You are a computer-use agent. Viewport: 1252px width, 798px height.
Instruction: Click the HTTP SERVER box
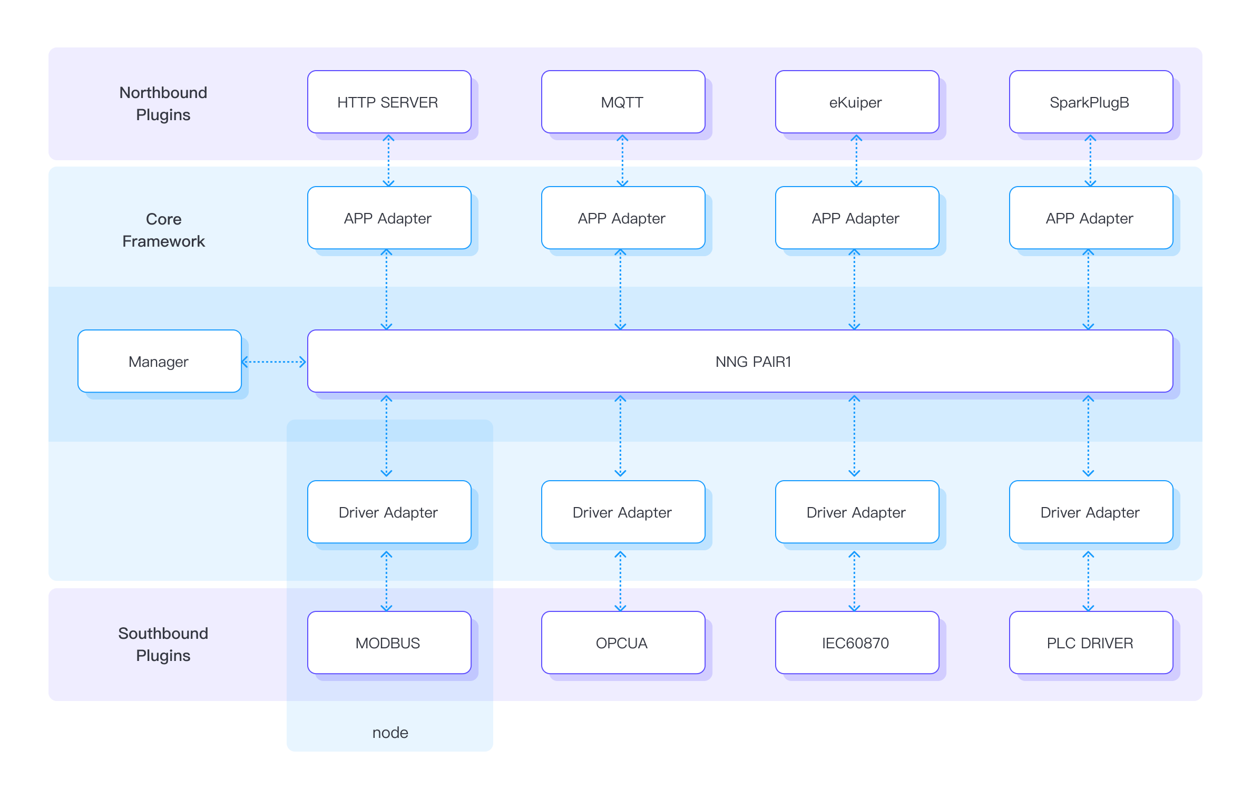(x=389, y=102)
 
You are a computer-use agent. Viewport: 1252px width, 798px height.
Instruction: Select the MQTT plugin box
(x=623, y=102)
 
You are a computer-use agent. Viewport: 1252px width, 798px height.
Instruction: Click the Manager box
(x=159, y=361)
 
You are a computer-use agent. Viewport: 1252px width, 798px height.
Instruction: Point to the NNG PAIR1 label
(x=753, y=362)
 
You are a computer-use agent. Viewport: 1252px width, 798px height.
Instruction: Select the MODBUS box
(x=389, y=643)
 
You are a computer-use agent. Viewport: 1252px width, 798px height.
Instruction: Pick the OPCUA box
(x=623, y=643)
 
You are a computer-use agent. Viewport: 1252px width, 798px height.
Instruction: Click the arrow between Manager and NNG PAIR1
(x=274, y=362)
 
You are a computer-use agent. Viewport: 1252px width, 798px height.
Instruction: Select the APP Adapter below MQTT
(x=623, y=218)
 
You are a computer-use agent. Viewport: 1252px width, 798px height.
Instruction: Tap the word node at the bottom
(x=390, y=732)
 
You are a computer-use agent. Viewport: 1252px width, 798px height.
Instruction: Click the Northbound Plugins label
(x=163, y=103)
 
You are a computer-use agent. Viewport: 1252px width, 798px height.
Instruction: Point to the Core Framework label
(x=163, y=230)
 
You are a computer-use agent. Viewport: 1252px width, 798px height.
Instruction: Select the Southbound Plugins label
(x=163, y=644)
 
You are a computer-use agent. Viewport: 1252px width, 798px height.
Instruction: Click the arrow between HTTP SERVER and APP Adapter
(x=388, y=160)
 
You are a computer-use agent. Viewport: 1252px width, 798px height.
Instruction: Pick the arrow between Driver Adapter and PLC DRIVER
(x=1088, y=581)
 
